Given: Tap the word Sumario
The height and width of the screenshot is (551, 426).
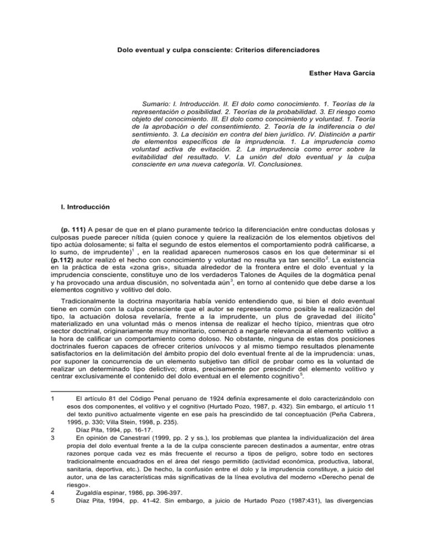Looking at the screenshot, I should (x=159, y=103).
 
